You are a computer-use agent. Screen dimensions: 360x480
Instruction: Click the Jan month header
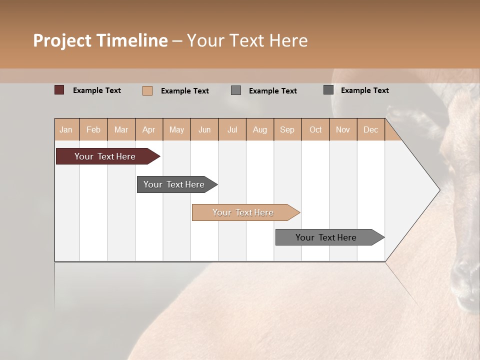click(x=66, y=129)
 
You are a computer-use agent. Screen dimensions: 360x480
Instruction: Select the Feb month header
click(x=93, y=129)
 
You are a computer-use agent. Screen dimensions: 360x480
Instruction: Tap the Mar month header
click(x=121, y=129)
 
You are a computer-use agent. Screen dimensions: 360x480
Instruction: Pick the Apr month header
click(x=149, y=129)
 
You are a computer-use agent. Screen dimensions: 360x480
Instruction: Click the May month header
click(x=176, y=129)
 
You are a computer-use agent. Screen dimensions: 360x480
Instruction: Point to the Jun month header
click(x=204, y=129)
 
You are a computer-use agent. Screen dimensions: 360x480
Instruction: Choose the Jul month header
click(x=232, y=129)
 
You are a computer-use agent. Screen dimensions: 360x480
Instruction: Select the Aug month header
click(x=260, y=129)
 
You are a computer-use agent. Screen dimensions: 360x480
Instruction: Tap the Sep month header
click(x=287, y=129)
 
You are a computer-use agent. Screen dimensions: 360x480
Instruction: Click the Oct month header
click(x=315, y=129)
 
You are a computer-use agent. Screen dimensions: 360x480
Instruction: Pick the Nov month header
click(x=343, y=129)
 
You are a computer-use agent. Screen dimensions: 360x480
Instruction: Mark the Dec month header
click(x=370, y=129)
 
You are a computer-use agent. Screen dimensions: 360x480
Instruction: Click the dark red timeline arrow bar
click(x=105, y=156)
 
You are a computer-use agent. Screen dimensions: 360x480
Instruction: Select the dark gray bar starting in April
click(x=174, y=184)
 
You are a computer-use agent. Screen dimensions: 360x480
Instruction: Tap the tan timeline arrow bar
click(x=243, y=212)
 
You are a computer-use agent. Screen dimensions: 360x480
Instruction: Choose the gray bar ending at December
click(x=326, y=237)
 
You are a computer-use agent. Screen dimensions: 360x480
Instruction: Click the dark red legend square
click(x=59, y=90)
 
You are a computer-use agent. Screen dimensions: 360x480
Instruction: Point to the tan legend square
click(x=147, y=90)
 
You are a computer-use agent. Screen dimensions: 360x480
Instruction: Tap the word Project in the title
click(x=62, y=40)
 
